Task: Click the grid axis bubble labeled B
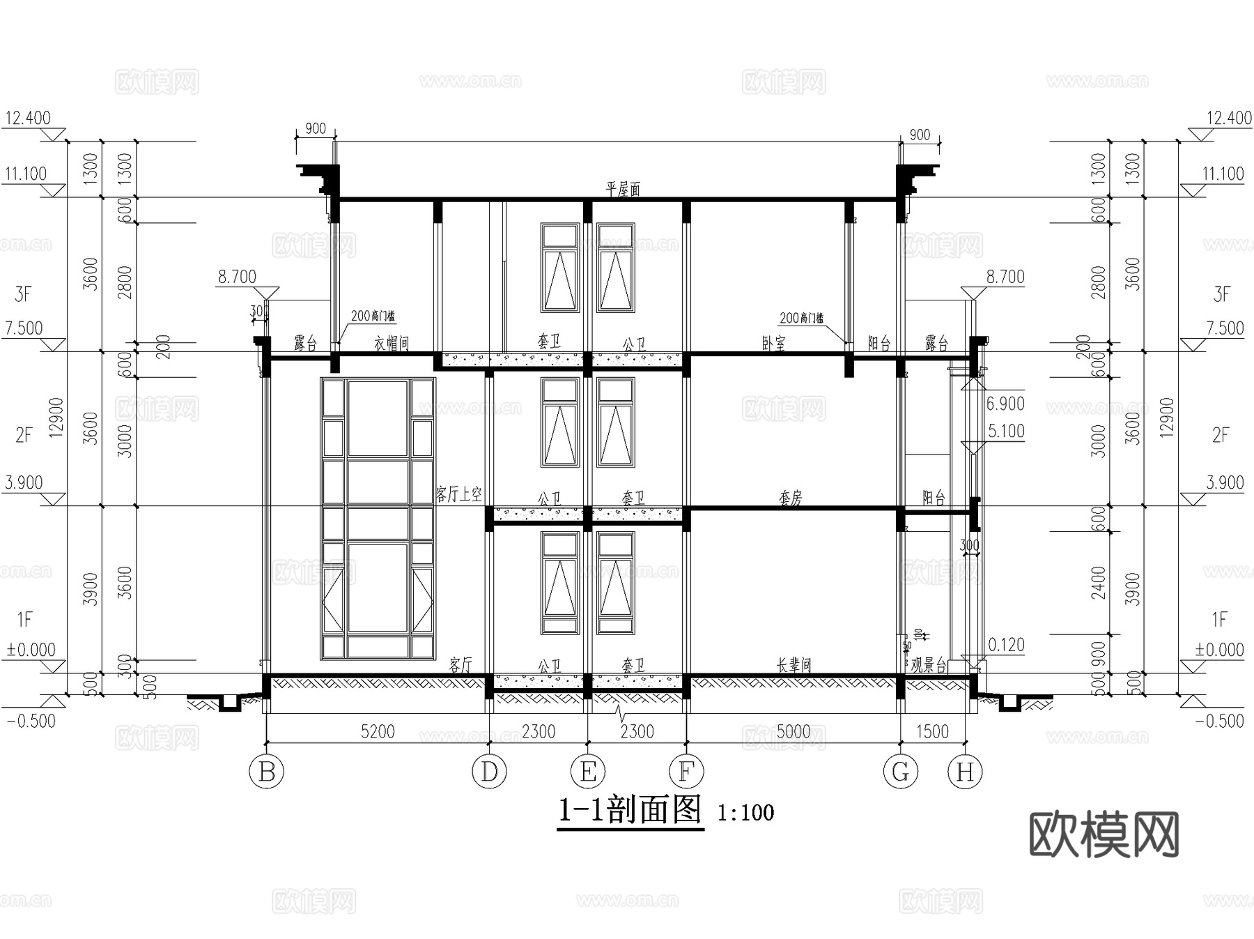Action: [x=267, y=772]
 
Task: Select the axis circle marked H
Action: [x=965, y=772]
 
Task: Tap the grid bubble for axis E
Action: [x=588, y=772]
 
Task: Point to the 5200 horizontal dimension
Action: [x=378, y=731]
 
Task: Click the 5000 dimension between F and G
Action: [x=794, y=731]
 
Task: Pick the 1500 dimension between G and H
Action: [x=932, y=731]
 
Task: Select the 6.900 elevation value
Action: [x=1005, y=404]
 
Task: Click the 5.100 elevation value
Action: [x=1006, y=432]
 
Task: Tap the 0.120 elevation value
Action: [x=1006, y=645]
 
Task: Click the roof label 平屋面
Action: [x=623, y=190]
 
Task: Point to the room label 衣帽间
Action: [x=392, y=343]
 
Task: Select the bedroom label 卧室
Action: [x=774, y=343]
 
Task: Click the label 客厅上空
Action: [x=458, y=495]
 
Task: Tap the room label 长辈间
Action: [x=794, y=665]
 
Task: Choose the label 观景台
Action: [x=929, y=665]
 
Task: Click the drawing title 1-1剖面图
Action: [x=630, y=811]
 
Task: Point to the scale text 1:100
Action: [x=745, y=813]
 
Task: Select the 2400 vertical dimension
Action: [x=1098, y=583]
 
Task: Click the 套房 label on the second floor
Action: [x=791, y=498]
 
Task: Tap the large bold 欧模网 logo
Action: [x=1104, y=834]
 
